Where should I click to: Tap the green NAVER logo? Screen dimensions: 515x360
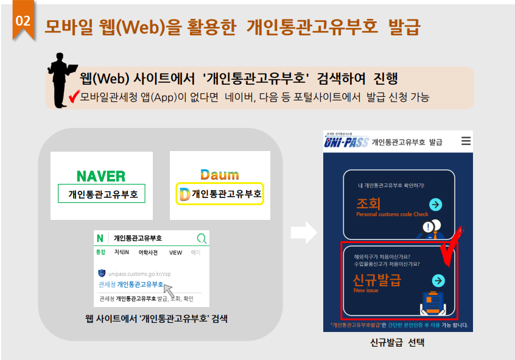coord(101,176)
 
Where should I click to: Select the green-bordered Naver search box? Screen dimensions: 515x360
coord(102,194)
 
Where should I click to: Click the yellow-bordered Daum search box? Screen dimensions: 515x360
coord(220,194)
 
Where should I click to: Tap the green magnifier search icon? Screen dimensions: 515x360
coord(201,238)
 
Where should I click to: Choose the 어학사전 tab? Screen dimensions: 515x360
coord(148,252)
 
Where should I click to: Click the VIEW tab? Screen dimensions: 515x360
coord(175,252)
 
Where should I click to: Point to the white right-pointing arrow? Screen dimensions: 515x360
coord(303,232)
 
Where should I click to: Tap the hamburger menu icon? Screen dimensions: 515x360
coord(466,141)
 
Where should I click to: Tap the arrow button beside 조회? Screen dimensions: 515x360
coord(435,205)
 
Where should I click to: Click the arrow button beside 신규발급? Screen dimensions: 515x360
coord(438,280)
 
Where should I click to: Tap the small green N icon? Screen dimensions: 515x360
coord(100,238)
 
